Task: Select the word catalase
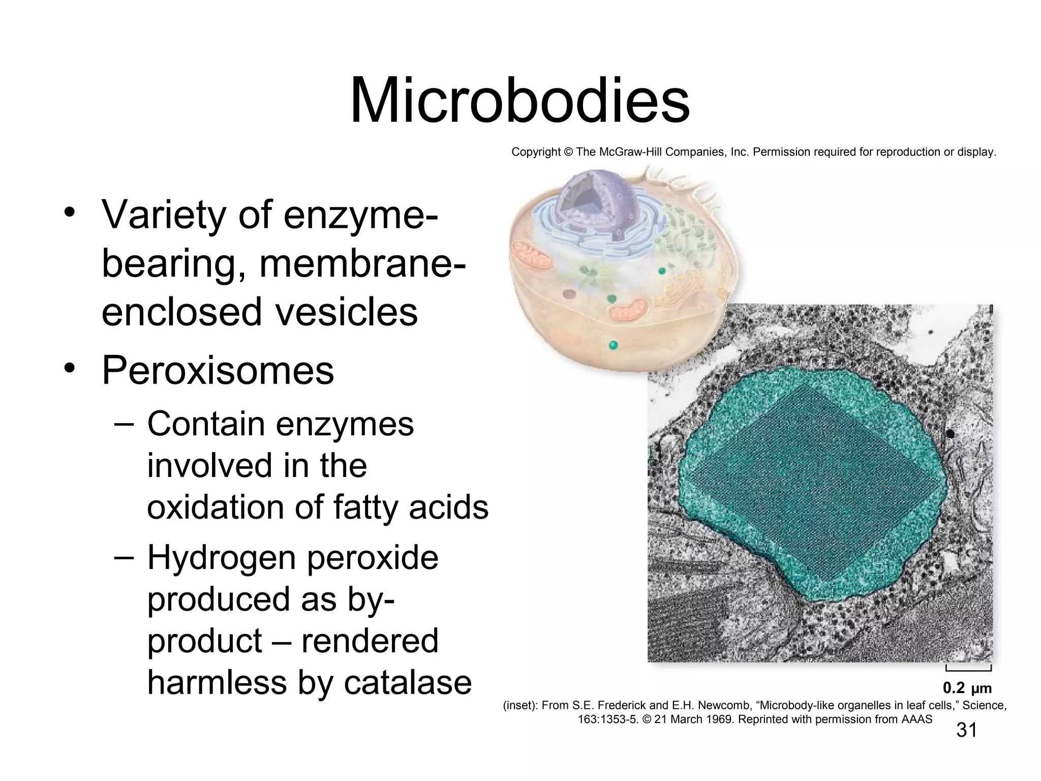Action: click(x=408, y=682)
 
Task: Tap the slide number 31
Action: click(x=966, y=730)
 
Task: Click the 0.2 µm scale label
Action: click(x=967, y=688)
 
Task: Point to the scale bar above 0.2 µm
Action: click(x=968, y=668)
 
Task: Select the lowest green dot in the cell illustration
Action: click(x=614, y=346)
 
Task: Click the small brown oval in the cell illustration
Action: click(x=568, y=294)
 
